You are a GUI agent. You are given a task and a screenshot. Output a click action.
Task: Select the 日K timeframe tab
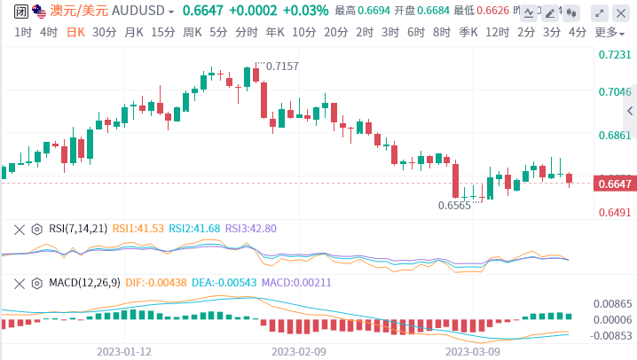click(76, 32)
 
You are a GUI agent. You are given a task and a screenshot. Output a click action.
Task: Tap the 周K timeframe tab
click(192, 32)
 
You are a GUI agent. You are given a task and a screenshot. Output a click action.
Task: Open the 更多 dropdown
click(608, 32)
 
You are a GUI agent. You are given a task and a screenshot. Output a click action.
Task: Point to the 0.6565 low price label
click(454, 205)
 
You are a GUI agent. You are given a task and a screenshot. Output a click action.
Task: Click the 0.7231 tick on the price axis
click(615, 55)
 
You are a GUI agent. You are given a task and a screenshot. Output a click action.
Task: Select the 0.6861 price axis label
click(615, 136)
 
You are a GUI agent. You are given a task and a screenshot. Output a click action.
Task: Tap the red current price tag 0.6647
click(615, 184)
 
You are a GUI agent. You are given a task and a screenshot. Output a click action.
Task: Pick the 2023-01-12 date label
click(124, 351)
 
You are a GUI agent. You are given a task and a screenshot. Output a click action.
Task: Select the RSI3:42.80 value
click(251, 229)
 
